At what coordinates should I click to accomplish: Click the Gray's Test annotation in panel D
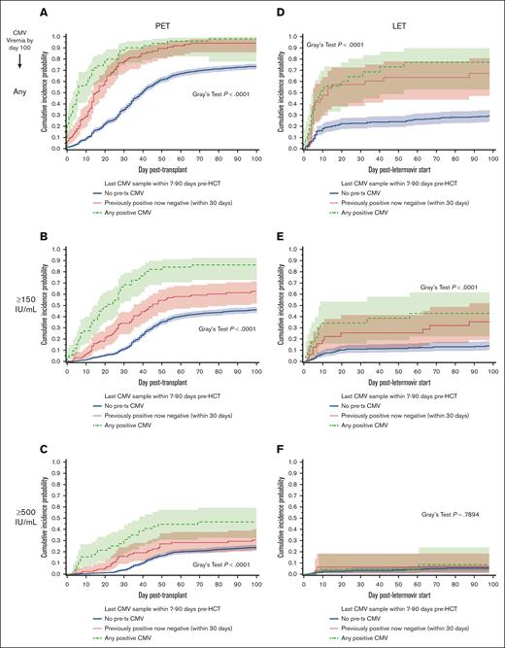click(337, 45)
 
